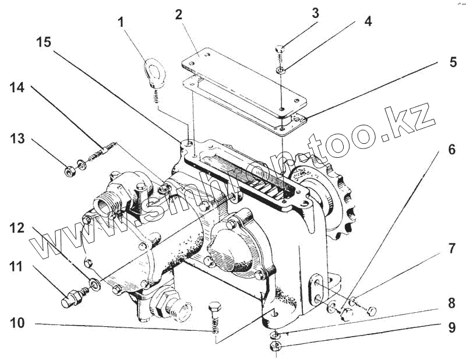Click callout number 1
[121, 23]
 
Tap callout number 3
[315, 13]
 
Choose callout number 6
[451, 150]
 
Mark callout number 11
[16, 269]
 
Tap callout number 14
[17, 89]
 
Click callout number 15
[44, 43]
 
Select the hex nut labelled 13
[68, 171]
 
